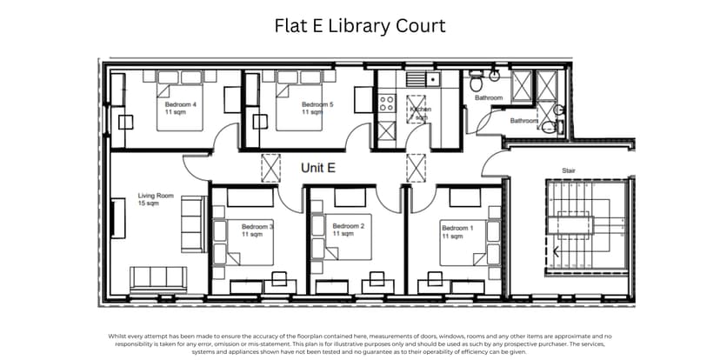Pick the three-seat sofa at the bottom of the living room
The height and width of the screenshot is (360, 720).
tap(157, 278)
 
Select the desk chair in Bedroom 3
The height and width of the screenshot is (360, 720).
tap(279, 278)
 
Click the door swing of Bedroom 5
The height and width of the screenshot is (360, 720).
tap(357, 137)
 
